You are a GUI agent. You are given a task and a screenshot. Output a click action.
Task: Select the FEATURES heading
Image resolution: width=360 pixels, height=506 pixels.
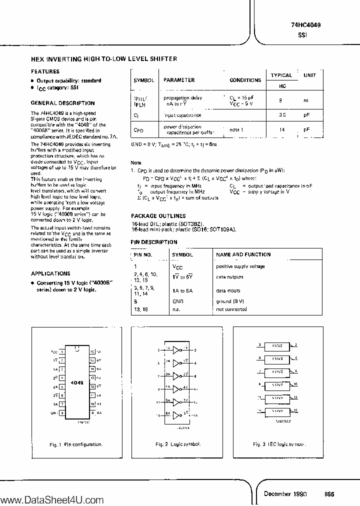coord(45,71)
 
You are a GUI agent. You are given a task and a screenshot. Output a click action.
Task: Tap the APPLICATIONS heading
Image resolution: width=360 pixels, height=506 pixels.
coord(50,273)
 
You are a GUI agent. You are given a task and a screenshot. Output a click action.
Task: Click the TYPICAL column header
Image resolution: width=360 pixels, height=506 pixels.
coord(281,75)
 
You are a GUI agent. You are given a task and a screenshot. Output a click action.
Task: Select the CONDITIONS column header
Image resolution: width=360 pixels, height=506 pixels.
coord(245,80)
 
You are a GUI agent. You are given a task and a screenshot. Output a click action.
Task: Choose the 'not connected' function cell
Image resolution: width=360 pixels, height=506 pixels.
coord(231,309)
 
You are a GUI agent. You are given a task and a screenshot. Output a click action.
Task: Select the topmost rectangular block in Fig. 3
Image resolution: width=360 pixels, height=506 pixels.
coord(277,345)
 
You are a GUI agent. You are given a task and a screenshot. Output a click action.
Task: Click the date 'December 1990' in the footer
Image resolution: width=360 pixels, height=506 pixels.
coord(285,494)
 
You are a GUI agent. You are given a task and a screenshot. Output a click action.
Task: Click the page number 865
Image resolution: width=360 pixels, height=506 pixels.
coord(329,494)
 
